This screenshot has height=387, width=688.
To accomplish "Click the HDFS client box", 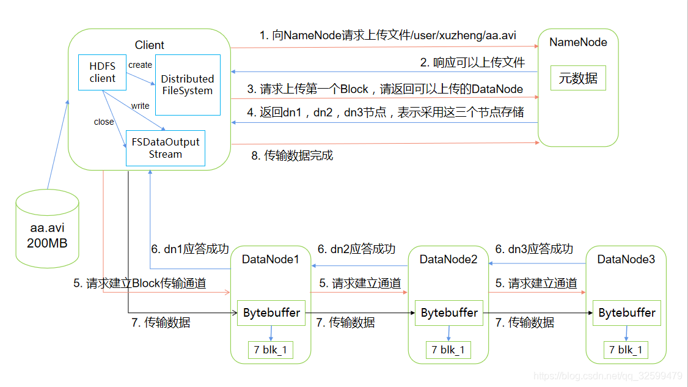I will [x=102, y=73].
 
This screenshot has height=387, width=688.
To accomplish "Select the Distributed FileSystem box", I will [x=187, y=84].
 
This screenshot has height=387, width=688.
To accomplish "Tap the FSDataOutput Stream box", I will [x=165, y=148].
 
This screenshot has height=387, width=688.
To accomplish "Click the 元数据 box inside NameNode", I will [x=577, y=78].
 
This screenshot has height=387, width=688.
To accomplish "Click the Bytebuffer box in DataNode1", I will [x=271, y=313].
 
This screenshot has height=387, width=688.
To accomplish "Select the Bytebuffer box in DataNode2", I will [x=449, y=313].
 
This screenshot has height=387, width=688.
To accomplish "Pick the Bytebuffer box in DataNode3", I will [x=626, y=313].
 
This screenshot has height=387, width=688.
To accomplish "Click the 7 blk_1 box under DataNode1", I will [x=270, y=350].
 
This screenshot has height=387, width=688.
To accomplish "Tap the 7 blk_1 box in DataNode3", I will [x=626, y=350].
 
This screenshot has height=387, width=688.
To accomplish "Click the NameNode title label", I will [x=578, y=42].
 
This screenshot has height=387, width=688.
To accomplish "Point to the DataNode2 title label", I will [x=448, y=260].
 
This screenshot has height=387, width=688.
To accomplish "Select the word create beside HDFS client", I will [x=140, y=65].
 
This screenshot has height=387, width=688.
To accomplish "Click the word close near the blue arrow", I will [x=104, y=122].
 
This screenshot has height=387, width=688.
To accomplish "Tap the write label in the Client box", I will [x=140, y=106].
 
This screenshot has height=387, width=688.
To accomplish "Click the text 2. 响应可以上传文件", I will [x=472, y=62].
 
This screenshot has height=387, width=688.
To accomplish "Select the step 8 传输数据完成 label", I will [x=292, y=155].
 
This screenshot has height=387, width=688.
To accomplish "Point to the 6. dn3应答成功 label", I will [x=534, y=249].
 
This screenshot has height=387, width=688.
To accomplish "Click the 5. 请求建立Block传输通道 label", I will [x=139, y=283].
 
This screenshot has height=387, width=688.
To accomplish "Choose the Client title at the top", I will [x=149, y=45].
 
